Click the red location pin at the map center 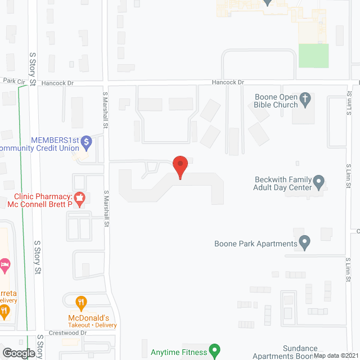click(x=180, y=166)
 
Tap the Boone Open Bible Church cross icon click(x=305, y=100)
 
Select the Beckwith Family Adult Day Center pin click(x=319, y=182)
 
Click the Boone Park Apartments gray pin click(x=305, y=243)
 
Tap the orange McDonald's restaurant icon click(x=81, y=304)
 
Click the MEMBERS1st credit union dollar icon click(x=86, y=142)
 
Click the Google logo click(x=18, y=353)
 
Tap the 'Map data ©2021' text click(x=335, y=355)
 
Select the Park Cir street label click(x=14, y=82)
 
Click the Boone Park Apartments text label click(x=255, y=244)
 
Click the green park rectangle click(x=313, y=55)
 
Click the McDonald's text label click(x=92, y=318)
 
